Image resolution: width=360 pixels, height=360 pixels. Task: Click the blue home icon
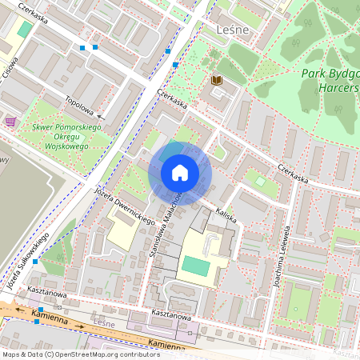pyautogui.click(x=180, y=173)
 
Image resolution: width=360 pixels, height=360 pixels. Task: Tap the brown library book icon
pyautogui.click(x=216, y=80)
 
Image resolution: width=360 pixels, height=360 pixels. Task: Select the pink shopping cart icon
pyautogui.click(x=10, y=122)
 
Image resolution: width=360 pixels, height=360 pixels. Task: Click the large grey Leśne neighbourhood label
pyautogui.click(x=233, y=30)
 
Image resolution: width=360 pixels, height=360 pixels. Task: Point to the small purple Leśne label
pyautogui.click(x=105, y=324)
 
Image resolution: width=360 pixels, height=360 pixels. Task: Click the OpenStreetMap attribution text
pyautogui.click(x=80, y=354)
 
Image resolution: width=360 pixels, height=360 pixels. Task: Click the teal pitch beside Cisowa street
pyautogui.click(x=26, y=29)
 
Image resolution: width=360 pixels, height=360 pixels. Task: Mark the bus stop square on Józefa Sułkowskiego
pyautogui.click(x=34, y=262)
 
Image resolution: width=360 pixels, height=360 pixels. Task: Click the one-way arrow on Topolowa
pyautogui.click(x=101, y=118)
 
